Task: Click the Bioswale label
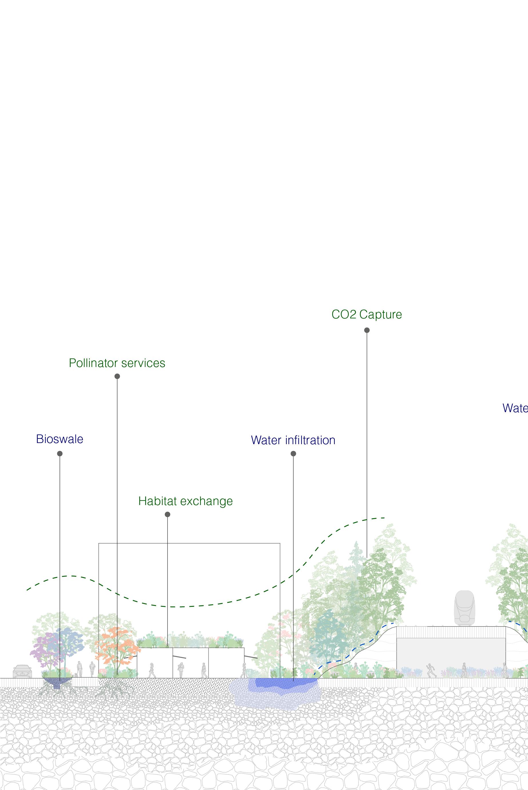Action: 59,439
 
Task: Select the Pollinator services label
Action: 117,363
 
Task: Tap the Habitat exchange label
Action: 185,501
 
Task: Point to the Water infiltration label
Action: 293,440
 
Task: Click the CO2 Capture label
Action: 367,314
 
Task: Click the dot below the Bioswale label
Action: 60,454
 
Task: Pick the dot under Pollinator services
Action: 117,376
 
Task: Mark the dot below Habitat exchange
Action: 167,514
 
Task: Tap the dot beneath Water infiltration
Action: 293,454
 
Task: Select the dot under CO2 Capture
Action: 367,330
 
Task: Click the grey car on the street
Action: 22,671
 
